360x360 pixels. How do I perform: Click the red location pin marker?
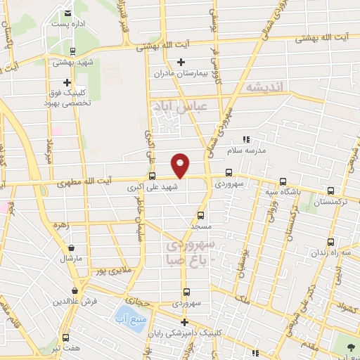point(181,165)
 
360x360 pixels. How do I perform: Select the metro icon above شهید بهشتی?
point(72,51)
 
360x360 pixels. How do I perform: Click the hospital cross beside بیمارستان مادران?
point(181,63)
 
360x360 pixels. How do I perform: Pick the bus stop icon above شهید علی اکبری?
point(152,176)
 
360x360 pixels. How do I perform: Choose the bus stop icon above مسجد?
point(201,216)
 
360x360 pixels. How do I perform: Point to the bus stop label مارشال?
point(71,258)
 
